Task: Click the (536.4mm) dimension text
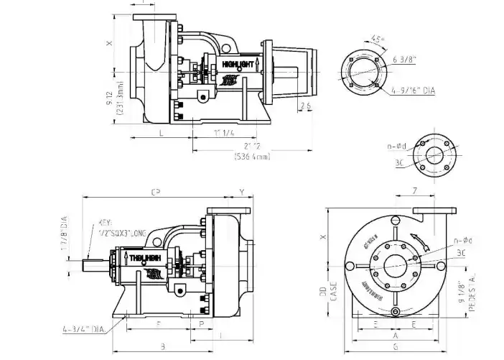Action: click(x=252, y=157)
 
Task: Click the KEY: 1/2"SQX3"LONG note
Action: click(x=116, y=228)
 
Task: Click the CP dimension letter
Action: click(x=154, y=192)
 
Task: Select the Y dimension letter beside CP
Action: click(x=241, y=192)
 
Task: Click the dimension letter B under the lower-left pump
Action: click(x=164, y=346)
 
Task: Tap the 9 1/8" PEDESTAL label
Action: click(x=470, y=285)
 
